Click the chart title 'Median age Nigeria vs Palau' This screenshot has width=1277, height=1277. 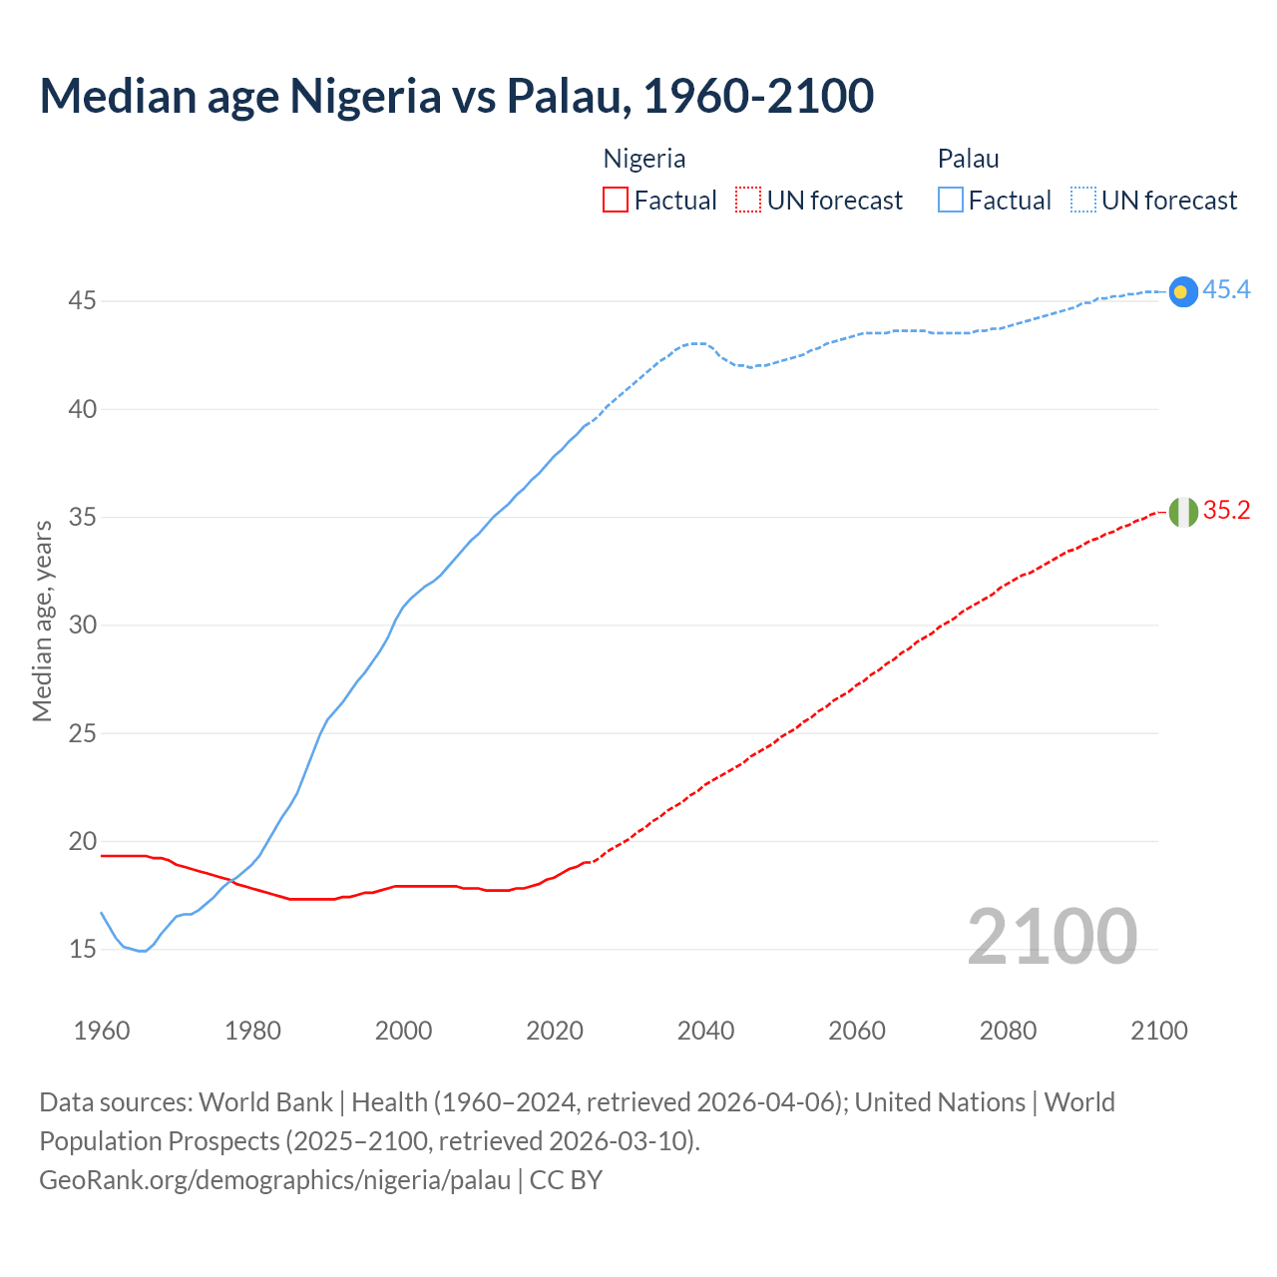[x=456, y=96]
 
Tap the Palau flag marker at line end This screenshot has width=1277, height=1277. [x=1182, y=291]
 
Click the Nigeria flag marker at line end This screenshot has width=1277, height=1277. [x=1182, y=512]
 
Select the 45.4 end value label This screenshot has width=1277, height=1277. [x=1226, y=289]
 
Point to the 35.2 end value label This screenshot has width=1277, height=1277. [x=1226, y=511]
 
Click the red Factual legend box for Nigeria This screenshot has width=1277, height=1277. [x=616, y=200]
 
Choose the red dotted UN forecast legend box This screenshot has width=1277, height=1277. [x=748, y=200]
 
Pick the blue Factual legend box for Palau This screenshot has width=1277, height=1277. [x=951, y=200]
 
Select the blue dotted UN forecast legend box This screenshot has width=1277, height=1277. [x=1082, y=200]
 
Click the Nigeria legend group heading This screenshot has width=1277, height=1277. [x=644, y=159]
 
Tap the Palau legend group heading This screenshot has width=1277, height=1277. [x=968, y=159]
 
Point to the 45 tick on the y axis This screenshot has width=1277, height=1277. [x=83, y=300]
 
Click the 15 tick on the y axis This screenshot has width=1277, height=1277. [x=83, y=949]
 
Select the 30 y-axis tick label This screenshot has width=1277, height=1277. [x=83, y=625]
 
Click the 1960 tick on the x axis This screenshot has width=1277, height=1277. [x=102, y=1031]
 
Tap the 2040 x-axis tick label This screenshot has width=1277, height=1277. [x=705, y=1031]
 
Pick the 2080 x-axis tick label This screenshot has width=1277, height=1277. [x=1008, y=1031]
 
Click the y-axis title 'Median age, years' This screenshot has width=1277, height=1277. [x=42, y=621]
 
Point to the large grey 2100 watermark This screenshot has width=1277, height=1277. [x=1053, y=936]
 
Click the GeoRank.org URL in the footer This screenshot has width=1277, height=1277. [x=274, y=1180]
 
